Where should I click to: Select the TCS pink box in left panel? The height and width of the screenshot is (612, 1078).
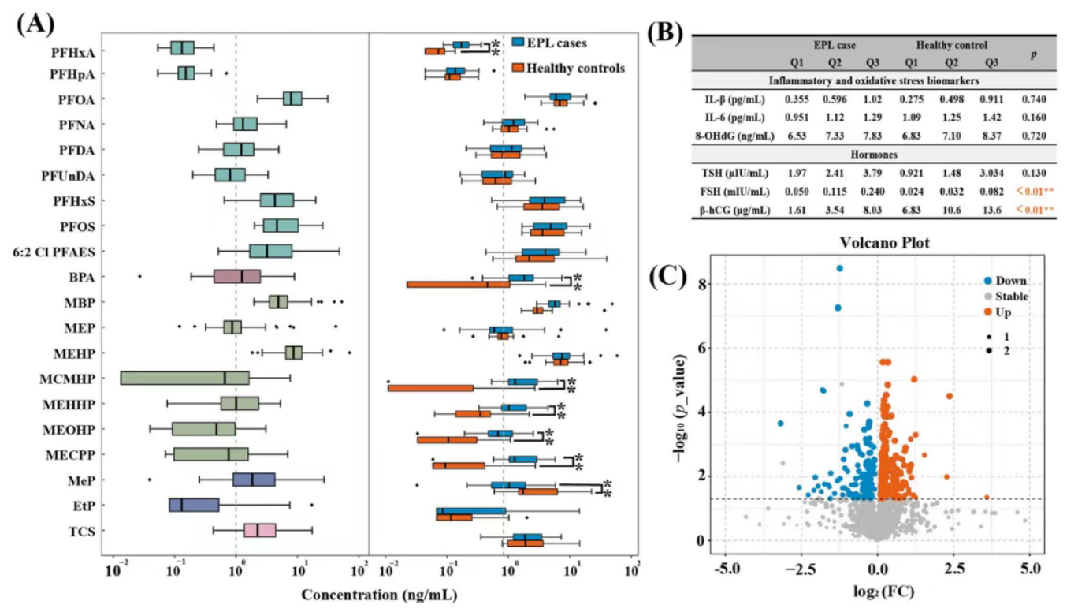(x=261, y=530)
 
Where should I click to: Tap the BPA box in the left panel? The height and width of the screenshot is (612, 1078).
(x=236, y=277)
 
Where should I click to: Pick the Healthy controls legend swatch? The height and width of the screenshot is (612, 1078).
(x=519, y=68)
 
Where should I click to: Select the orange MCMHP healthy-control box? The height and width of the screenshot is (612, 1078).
(x=431, y=387)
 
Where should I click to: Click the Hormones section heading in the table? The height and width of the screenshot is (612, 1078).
(x=873, y=154)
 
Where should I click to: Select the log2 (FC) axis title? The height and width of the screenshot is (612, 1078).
(x=876, y=591)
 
